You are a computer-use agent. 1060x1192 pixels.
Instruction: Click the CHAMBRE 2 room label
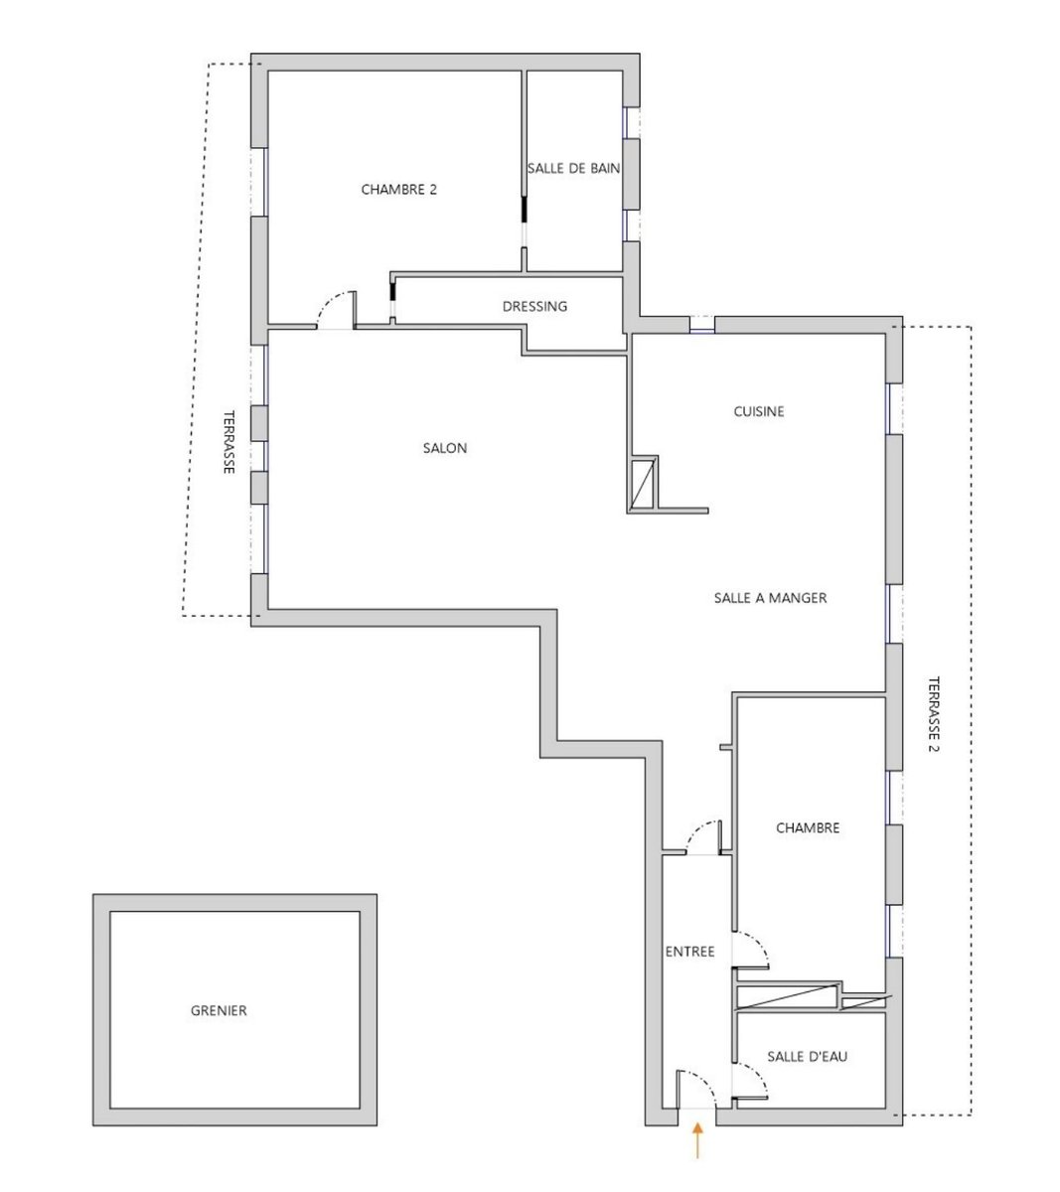click(398, 190)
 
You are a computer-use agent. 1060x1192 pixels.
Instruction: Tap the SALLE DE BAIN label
click(573, 168)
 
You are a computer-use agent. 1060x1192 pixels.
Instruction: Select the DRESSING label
click(534, 306)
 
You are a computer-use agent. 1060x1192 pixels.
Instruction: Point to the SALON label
click(444, 448)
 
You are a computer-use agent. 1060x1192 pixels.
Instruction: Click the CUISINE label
click(759, 411)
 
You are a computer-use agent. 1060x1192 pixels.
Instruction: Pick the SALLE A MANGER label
click(770, 598)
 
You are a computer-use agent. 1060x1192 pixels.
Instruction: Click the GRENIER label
click(219, 1010)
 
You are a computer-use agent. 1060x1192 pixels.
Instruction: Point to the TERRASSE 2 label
click(934, 714)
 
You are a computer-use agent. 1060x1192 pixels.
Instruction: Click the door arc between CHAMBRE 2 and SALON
click(329, 300)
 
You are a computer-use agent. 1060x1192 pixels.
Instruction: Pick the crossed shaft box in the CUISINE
click(643, 483)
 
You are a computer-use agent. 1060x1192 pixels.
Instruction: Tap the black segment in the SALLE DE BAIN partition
click(524, 209)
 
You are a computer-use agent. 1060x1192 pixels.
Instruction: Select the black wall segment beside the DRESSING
click(392, 291)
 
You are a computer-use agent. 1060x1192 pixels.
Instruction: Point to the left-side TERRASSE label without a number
click(228, 442)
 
